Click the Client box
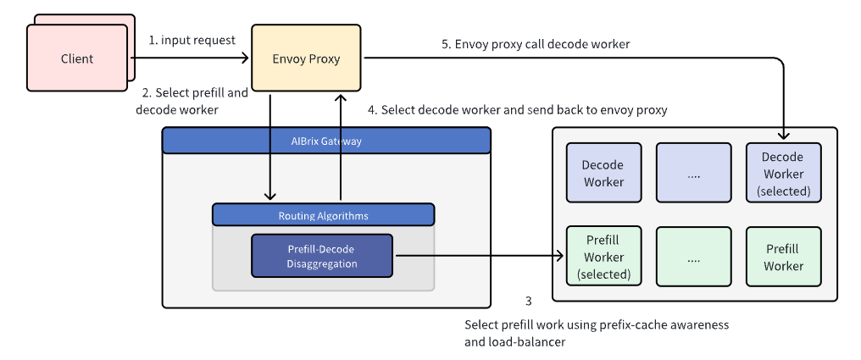click(77, 58)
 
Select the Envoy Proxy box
click(307, 58)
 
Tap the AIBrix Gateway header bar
click(326, 141)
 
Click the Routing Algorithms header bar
click(324, 215)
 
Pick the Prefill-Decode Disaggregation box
click(322, 256)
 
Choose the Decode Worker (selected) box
click(784, 174)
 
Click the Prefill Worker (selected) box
click(604, 257)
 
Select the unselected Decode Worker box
click(604, 174)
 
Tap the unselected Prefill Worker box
click(784, 257)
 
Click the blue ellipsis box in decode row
click(693, 174)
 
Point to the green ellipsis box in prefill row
click(693, 257)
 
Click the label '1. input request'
click(192, 40)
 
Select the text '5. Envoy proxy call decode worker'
click(536, 44)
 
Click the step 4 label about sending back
click(517, 110)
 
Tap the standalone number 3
click(528, 301)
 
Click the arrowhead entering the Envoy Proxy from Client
click(246, 58)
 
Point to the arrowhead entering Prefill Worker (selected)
click(561, 255)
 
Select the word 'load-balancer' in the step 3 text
click(533, 342)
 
